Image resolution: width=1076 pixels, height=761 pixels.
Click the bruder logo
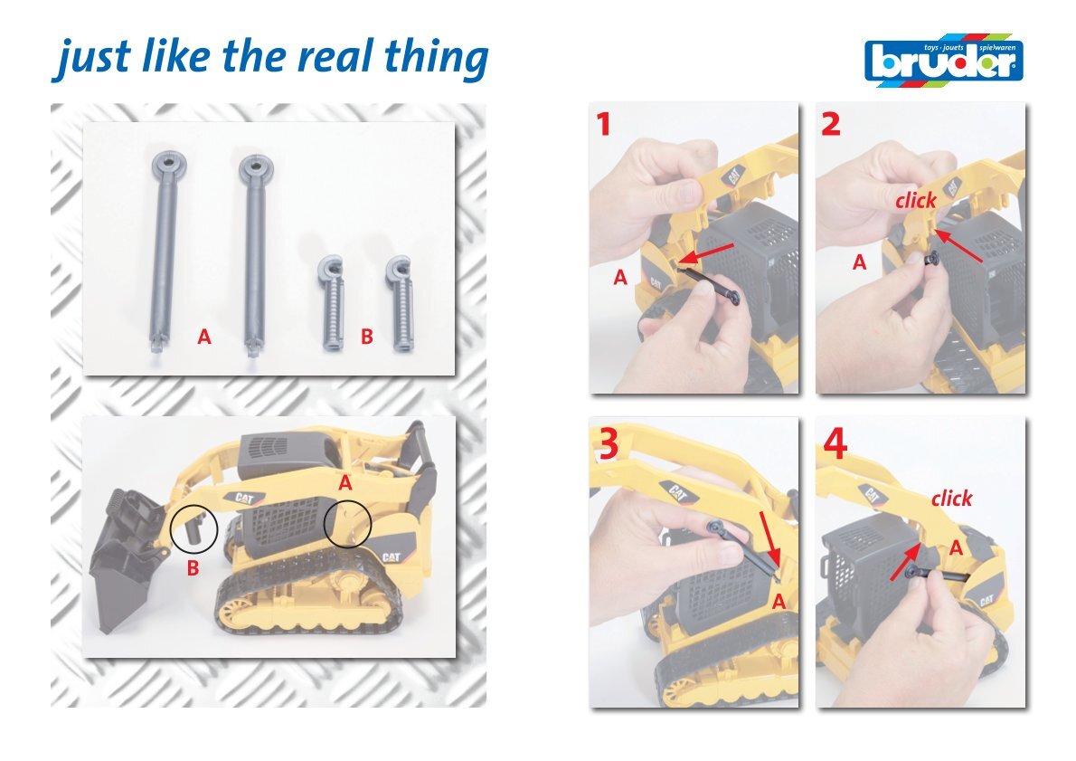pyautogui.click(x=944, y=61)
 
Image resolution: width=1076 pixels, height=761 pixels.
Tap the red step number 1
pyautogui.click(x=603, y=124)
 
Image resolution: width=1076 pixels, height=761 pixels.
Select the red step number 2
pyautogui.click(x=830, y=124)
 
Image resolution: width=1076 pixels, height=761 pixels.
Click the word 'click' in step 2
pyautogui.click(x=915, y=201)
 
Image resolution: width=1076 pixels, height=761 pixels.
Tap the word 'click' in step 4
pyautogui.click(x=951, y=498)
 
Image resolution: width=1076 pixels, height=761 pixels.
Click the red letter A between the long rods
pyautogui.click(x=203, y=337)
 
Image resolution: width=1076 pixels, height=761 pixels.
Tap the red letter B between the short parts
pyautogui.click(x=367, y=337)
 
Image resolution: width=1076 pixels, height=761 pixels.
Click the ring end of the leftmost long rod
pyautogui.click(x=168, y=164)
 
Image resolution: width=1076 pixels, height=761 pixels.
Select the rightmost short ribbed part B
pyautogui.click(x=401, y=303)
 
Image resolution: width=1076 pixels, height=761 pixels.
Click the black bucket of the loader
pyautogui.click(x=124, y=556)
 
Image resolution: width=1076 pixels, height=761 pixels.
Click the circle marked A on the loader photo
pyautogui.click(x=325, y=524)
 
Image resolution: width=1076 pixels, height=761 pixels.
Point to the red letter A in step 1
pyautogui.click(x=620, y=278)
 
